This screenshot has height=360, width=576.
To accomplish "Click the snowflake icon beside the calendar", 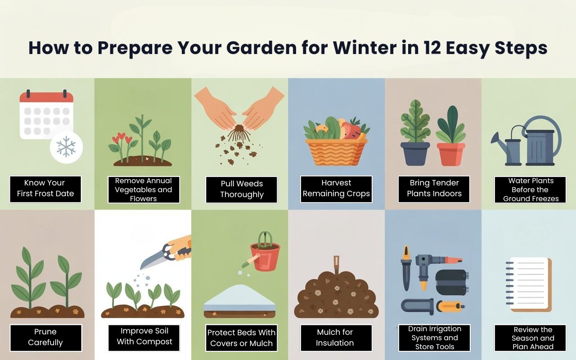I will coord(66,147).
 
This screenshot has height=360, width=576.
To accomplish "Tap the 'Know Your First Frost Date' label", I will coord(45,189).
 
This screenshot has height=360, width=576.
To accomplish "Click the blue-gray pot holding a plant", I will coord(415,153).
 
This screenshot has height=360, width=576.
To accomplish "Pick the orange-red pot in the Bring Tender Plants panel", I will coord(450,154).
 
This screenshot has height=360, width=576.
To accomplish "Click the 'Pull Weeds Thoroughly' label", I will coord(242,189).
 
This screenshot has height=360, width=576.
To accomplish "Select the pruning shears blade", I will coord(153,259).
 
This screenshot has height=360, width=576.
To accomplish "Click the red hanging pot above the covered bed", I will coord(265,256).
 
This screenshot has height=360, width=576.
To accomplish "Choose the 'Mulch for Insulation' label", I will coord(335,337).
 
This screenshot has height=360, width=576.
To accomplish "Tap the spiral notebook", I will coord(528,284).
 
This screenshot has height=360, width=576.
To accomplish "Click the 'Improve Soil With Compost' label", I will coord(144,337).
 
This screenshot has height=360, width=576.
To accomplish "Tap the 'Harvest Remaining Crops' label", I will coord(336,189).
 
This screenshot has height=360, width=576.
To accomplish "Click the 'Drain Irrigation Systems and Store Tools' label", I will coord(434,337).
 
